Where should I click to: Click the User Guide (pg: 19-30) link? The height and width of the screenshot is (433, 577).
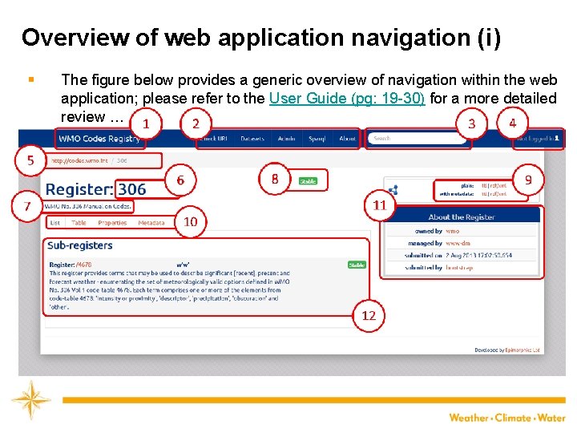pos(347,99)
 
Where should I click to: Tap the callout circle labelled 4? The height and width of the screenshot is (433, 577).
pos(512,123)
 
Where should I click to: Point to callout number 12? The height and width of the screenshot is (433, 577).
pos(369,315)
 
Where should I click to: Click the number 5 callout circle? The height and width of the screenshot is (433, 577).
pos(30,160)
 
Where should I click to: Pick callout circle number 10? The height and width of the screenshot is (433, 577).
pos(191,221)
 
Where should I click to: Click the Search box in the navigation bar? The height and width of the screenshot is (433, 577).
pos(417,138)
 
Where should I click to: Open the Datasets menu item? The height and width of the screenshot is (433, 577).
pos(252,138)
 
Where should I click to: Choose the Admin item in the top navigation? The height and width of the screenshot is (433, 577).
pos(286,138)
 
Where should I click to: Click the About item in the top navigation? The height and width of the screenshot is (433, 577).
pos(347,138)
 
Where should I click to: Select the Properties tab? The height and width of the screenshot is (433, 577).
pos(112,223)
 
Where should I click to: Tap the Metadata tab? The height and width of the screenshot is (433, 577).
pos(151,223)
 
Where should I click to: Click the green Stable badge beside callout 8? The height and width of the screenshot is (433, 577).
pos(308,181)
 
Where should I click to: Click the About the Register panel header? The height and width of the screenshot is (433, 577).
pos(462,216)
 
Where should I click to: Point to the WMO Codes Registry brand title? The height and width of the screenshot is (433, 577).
pos(99,138)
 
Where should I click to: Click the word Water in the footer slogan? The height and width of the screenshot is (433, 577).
pos(551,418)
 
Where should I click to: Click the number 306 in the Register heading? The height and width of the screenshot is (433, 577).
pos(131,189)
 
